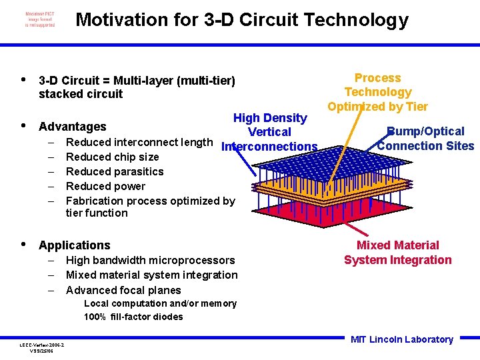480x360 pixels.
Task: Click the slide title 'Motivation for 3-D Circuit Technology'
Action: tap(241, 20)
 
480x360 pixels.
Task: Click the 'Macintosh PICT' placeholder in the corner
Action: tap(40, 19)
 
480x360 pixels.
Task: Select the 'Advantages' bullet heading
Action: tap(73, 127)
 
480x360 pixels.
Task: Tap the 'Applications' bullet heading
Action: tap(75, 245)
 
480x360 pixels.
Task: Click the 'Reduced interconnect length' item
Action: tap(139, 142)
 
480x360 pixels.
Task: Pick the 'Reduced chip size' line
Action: tap(112, 157)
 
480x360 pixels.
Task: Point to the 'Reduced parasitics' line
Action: tap(115, 171)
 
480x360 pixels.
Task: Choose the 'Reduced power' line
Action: tap(105, 186)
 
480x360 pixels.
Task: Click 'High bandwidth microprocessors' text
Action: tap(150, 260)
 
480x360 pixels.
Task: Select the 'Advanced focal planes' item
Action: tap(123, 290)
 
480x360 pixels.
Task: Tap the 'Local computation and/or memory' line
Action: tap(160, 304)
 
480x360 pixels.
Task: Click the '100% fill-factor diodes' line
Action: tap(133, 317)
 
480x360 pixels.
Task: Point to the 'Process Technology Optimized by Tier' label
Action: tap(377, 92)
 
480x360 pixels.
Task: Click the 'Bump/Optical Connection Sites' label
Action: tap(425, 139)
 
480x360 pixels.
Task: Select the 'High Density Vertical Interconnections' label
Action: tap(270, 132)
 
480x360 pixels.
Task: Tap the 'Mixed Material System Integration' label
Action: tap(397, 253)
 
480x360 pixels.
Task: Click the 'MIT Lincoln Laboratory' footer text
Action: tap(401, 339)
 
